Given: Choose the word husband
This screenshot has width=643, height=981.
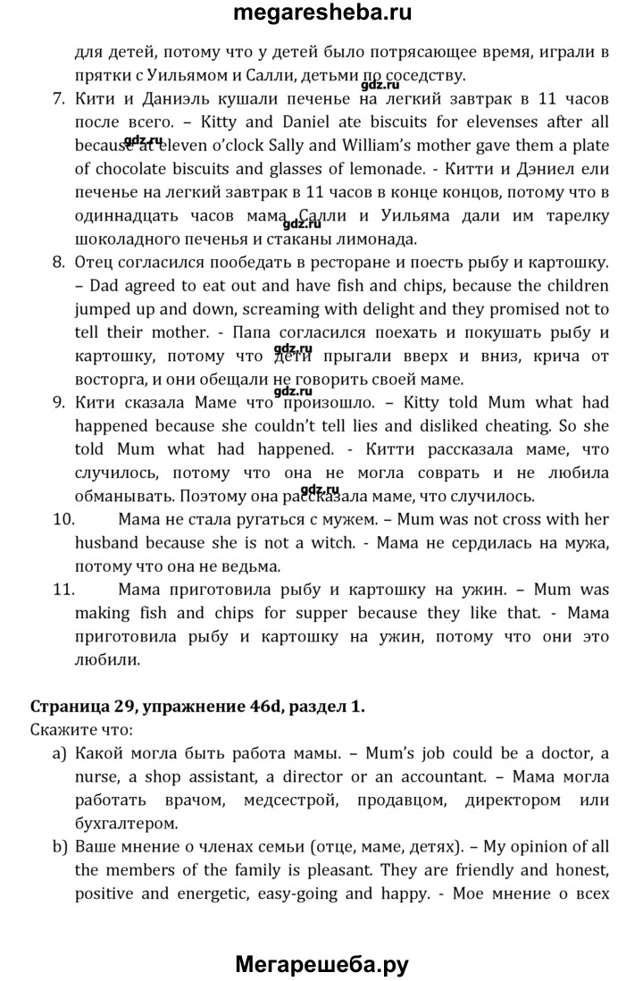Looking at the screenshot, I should (108, 541).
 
